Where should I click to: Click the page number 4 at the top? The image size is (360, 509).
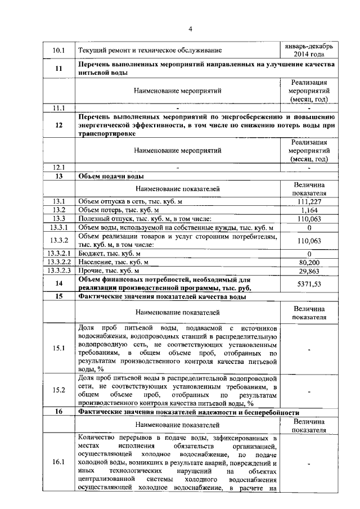pos(190,29)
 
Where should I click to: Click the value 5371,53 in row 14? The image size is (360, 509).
pos(309,284)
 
